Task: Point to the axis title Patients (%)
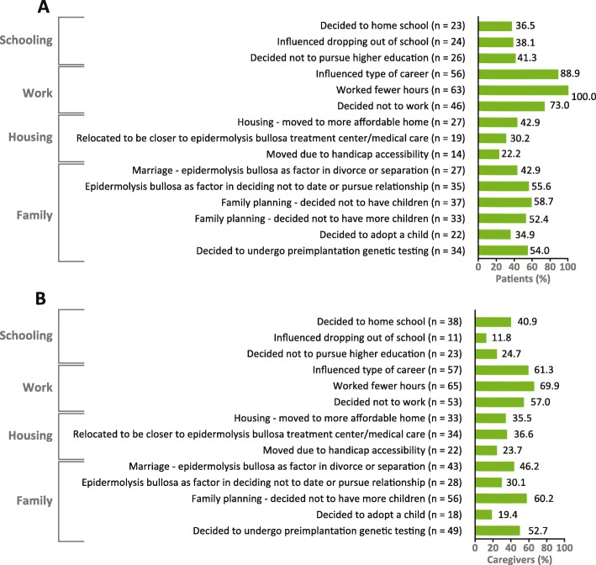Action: click(523, 278)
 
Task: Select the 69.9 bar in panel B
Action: click(505, 386)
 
